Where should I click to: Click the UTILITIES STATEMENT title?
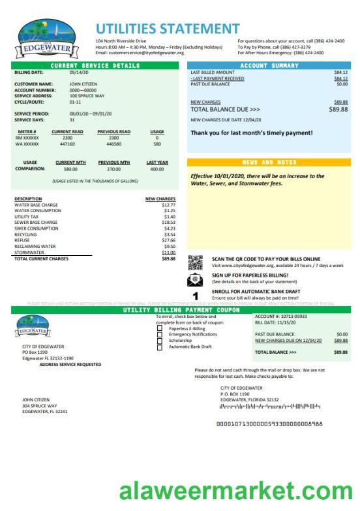(x=167, y=28)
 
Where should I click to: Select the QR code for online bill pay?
(x=195, y=262)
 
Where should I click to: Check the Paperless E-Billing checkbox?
(x=160, y=329)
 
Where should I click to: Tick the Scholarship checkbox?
(x=160, y=340)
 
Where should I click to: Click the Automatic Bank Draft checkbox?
(x=160, y=346)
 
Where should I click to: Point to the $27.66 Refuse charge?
(x=168, y=240)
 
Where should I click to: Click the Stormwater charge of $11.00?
(x=168, y=252)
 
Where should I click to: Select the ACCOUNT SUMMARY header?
(x=269, y=66)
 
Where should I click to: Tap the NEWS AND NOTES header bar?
(x=269, y=162)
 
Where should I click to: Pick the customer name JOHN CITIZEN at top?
(x=83, y=84)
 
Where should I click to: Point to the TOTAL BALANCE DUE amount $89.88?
(x=338, y=109)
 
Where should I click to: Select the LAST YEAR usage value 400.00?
(x=157, y=168)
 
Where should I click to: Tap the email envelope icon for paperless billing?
(x=195, y=279)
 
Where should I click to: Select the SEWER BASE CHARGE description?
(x=36, y=223)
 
